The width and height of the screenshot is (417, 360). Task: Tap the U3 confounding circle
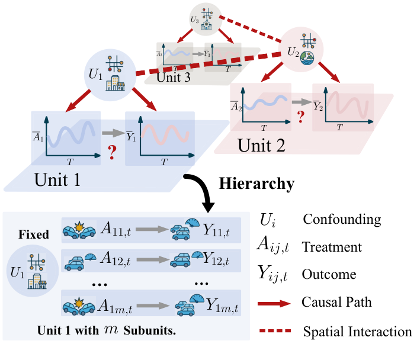(x=205, y=18)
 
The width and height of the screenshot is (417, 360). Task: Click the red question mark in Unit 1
(x=111, y=155)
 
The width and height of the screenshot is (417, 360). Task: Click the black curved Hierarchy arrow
(x=201, y=189)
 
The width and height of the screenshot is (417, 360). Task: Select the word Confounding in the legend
(x=342, y=219)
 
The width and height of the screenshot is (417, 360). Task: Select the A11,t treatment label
(x=120, y=229)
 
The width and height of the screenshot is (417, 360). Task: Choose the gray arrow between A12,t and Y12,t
(x=152, y=259)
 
